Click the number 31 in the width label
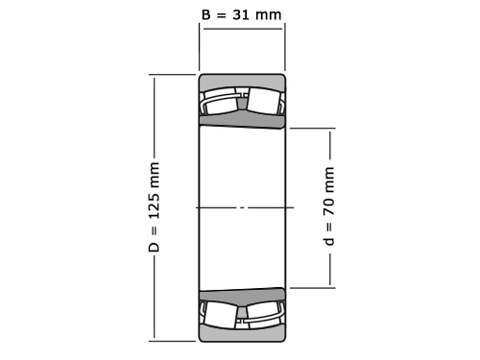241,14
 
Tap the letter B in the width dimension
206,14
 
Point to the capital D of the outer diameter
155,247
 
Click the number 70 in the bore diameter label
329,207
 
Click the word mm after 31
269,14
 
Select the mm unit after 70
329,180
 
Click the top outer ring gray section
242,81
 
